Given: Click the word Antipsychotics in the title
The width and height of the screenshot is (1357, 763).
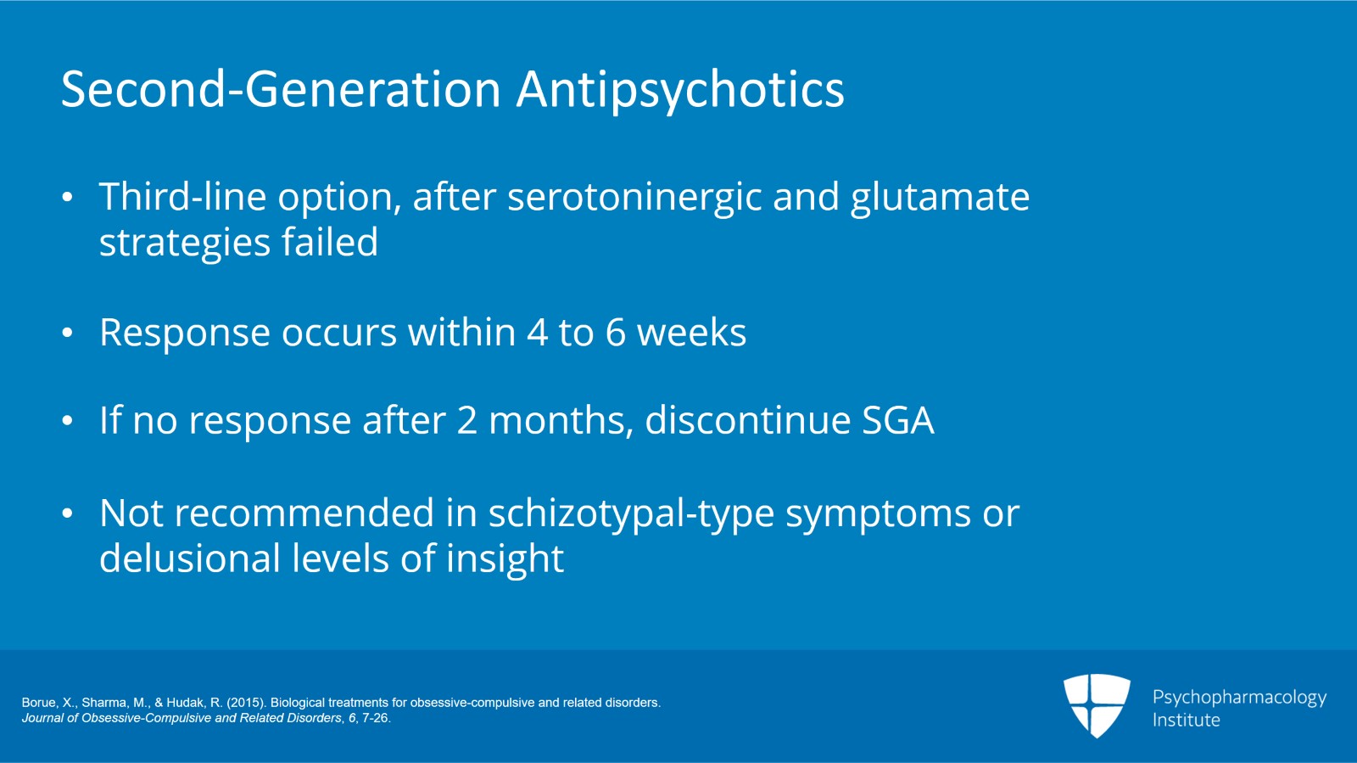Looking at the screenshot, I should click(680, 90).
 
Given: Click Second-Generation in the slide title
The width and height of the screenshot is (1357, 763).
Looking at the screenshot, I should click(281, 90).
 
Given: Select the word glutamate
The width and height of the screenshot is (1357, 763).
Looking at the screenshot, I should click(940, 198).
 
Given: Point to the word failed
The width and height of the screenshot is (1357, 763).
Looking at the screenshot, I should click(330, 243).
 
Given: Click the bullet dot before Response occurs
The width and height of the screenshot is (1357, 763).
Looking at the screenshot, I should click(68, 334).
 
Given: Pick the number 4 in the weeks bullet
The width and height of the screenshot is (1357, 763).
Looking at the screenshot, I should click(538, 333).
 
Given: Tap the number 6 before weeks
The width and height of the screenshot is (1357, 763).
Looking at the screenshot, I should click(616, 333).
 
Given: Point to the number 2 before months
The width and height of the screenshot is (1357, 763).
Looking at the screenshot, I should click(466, 421).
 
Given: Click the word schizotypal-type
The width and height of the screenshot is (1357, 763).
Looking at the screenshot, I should click(630, 514).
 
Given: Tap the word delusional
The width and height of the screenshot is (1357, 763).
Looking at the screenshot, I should click(190, 559).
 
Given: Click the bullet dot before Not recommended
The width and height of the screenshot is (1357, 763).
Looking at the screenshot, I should click(68, 514).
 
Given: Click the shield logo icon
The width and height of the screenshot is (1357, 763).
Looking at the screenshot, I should click(1097, 705).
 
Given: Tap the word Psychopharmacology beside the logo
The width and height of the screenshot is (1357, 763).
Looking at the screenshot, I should click(1239, 698).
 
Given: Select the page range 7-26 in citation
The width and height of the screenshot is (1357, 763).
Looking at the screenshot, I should click(375, 718).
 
